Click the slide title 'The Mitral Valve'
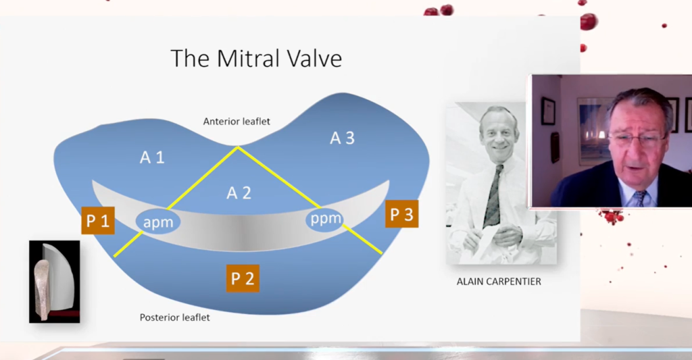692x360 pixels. click(x=256, y=58)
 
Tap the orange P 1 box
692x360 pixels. click(x=98, y=220)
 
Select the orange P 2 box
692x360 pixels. click(x=243, y=278)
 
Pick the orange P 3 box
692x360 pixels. click(x=401, y=214)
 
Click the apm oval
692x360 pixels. click(x=158, y=222)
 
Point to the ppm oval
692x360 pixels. click(x=325, y=218)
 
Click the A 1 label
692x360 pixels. click(x=152, y=157)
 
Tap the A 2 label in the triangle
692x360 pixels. click(x=239, y=192)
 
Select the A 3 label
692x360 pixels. click(x=343, y=138)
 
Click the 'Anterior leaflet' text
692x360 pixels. click(x=237, y=122)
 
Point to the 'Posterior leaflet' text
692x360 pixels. click(x=175, y=317)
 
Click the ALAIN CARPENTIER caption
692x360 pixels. click(x=499, y=282)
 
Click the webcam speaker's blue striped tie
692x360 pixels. click(x=641, y=198)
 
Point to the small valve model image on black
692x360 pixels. click(x=55, y=282)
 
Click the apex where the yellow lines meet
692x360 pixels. click(x=238, y=147)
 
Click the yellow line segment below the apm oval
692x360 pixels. click(x=128, y=245)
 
